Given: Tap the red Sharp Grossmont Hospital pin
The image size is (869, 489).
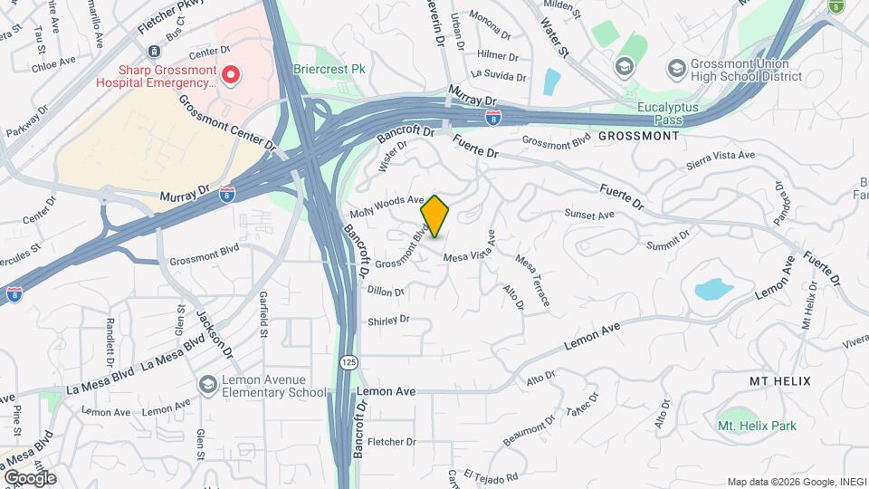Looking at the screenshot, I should [232, 74].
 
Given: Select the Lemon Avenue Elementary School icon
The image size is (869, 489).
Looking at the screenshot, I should [209, 385].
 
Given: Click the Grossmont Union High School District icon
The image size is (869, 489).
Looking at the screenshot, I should [675, 68].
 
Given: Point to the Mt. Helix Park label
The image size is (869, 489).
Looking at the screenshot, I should [757, 426].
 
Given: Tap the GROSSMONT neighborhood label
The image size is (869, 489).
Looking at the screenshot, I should [638, 136].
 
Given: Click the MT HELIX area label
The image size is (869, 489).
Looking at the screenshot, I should [779, 381].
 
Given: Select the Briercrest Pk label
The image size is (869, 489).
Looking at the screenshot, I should [329, 68].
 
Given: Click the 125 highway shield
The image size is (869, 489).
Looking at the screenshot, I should [349, 361].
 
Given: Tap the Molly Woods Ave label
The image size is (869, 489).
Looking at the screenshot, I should [387, 206].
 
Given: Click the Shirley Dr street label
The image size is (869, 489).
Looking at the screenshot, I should [388, 321].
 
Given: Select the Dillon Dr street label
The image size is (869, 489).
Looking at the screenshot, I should [386, 291].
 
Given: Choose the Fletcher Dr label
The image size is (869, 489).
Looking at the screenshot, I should [393, 442].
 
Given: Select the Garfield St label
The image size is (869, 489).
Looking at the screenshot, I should [262, 320].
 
